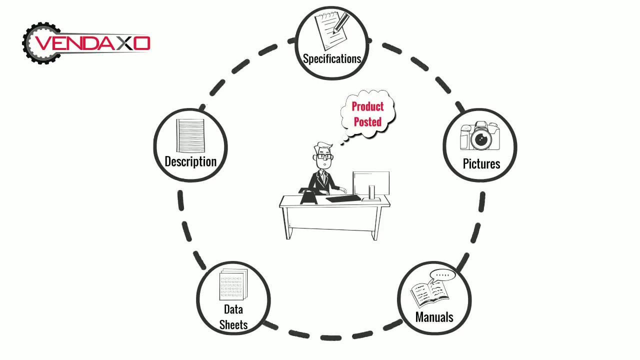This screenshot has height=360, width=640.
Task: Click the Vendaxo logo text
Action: tap(92, 43)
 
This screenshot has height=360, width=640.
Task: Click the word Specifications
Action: tap(331, 59)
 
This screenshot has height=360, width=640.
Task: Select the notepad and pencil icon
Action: tap(332, 30)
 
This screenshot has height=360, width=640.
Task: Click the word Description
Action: tap(190, 161)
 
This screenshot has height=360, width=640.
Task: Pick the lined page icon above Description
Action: tap(190, 135)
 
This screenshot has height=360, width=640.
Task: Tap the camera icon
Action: tap(480, 135)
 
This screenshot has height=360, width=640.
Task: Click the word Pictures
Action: tap(481, 163)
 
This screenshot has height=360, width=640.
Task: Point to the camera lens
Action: tap(481, 139)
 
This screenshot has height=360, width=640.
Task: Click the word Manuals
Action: tap(434, 317)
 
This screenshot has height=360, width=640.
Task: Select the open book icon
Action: tap(428, 294)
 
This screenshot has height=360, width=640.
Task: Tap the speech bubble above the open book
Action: tap(442, 275)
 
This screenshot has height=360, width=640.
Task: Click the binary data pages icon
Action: tap(233, 284)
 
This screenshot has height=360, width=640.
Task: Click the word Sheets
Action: tap(233, 325)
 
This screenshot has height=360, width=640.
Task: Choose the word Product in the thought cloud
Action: tap(367, 106)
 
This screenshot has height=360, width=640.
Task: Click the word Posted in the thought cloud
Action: tap(367, 121)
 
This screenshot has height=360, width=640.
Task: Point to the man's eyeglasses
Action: tap(323, 156)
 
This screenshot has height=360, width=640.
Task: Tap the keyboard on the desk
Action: tap(343, 198)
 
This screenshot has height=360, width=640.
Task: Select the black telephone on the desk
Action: tap(308, 195)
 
